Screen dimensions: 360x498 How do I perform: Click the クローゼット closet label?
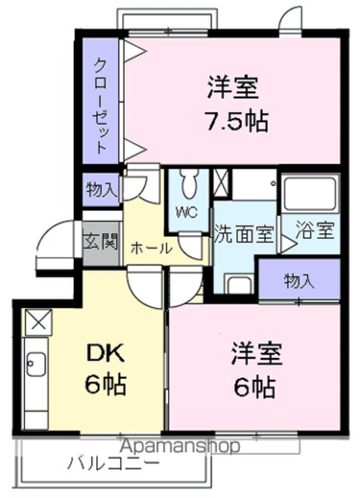coord(101,106)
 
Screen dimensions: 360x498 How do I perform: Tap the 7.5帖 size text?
coord(237,121)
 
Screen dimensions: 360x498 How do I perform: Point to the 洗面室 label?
coord(244,234)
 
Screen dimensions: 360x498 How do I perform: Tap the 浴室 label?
coord(315,230)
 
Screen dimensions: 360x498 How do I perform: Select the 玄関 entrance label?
coord(101,241)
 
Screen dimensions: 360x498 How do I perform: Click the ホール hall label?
coord(152,248)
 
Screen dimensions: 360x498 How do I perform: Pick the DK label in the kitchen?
coord(105,354)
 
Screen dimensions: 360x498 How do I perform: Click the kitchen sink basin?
coord(37,364)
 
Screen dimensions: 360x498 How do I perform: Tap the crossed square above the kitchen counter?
coord(38,322)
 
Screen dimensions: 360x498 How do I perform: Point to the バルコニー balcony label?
coord(113,465)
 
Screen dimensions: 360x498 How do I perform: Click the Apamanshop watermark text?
coord(180,446)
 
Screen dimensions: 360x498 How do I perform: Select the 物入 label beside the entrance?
coord(101,190)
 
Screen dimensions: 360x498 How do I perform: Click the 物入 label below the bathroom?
coord(299,280)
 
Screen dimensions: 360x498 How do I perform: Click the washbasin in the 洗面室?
coord(239,284)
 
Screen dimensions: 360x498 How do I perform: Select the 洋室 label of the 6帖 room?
coord(257,354)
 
